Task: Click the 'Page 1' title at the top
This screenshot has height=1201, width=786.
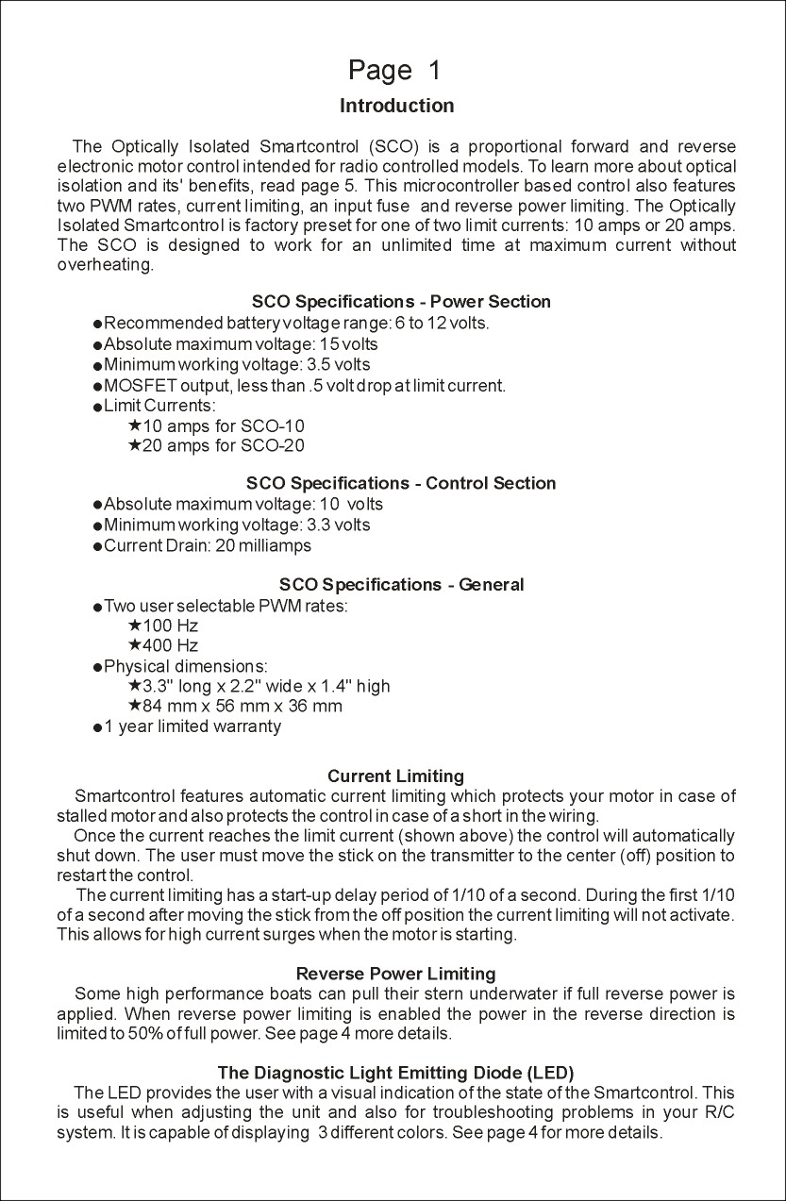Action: [x=393, y=71]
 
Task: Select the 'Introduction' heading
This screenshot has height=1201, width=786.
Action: [x=396, y=106]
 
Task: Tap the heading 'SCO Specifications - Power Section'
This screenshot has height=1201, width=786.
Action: [x=401, y=302]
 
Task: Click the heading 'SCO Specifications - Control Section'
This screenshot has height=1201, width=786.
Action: [x=401, y=483]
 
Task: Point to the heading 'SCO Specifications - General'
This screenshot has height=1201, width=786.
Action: [x=401, y=585]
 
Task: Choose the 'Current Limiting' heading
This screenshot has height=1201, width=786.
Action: [x=395, y=776]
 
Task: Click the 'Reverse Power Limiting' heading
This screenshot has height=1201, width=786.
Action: [x=395, y=974]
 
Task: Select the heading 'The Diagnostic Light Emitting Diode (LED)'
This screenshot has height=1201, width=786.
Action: [x=395, y=1073]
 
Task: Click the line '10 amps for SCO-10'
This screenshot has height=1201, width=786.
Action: [x=223, y=426]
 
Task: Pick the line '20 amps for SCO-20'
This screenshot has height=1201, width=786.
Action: [x=223, y=446]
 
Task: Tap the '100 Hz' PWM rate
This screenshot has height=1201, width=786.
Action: [x=170, y=626]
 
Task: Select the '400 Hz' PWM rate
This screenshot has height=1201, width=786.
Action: [x=170, y=646]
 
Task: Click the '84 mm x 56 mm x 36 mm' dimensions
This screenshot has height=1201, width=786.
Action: [x=242, y=707]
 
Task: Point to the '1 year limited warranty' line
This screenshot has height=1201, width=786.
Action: [x=192, y=726]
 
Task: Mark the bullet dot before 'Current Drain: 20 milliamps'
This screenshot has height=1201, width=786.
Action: [x=97, y=547]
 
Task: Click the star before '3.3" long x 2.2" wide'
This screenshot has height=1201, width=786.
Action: [x=134, y=685]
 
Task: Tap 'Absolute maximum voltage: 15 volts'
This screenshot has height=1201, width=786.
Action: [x=241, y=344]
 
